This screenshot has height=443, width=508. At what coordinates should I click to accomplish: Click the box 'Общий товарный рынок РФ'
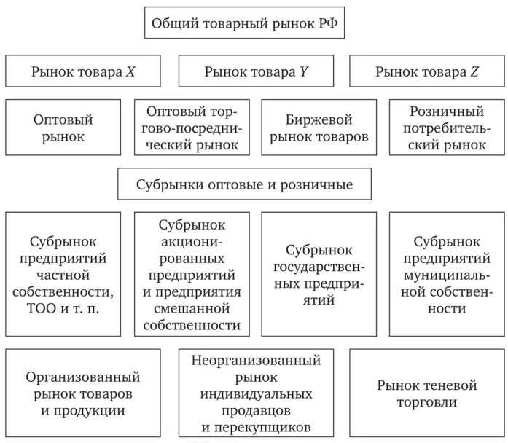point(244,23)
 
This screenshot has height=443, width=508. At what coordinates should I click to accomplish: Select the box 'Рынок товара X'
point(83,71)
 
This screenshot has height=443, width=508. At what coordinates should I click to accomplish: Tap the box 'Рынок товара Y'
point(254,71)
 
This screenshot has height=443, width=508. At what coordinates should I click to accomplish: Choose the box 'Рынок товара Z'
point(426,71)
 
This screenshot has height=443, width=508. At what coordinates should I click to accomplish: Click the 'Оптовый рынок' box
point(63,127)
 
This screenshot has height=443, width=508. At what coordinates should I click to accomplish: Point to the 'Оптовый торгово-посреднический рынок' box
point(192,127)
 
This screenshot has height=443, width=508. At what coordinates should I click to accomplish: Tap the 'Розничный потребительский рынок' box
point(446,127)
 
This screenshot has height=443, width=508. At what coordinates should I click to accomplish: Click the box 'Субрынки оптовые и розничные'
point(244,184)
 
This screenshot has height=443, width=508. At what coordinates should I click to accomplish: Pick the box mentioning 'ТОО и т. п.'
point(63,273)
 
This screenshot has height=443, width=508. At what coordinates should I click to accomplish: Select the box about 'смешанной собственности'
point(192,273)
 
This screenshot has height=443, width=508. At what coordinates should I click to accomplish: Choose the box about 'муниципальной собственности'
point(446,273)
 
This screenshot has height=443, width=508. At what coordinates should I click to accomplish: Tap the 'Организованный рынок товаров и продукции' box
point(83,393)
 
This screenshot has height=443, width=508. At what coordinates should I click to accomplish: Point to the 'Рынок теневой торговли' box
point(426,393)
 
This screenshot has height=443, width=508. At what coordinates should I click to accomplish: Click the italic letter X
point(130,71)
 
